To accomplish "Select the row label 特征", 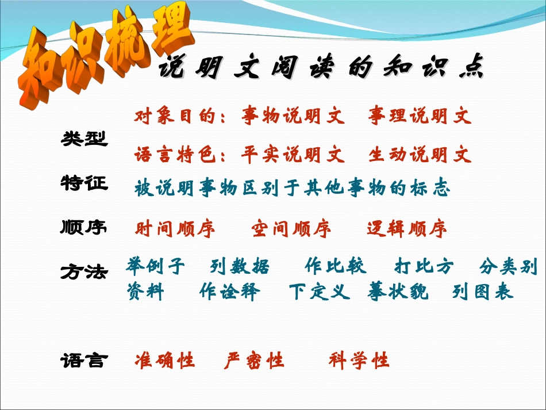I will (84, 183).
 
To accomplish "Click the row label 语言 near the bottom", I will (84, 361).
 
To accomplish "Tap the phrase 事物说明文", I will (293, 117).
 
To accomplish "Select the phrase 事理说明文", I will (420, 117).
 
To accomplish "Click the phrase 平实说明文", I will (293, 155).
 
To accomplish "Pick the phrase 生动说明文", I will (420, 155).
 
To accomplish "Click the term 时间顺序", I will (175, 229).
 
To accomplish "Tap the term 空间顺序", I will (291, 229).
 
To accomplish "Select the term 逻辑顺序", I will (407, 229).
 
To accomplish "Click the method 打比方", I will (424, 267).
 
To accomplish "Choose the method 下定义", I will (320, 292).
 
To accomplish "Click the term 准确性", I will (165, 361).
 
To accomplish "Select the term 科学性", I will (359, 361).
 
